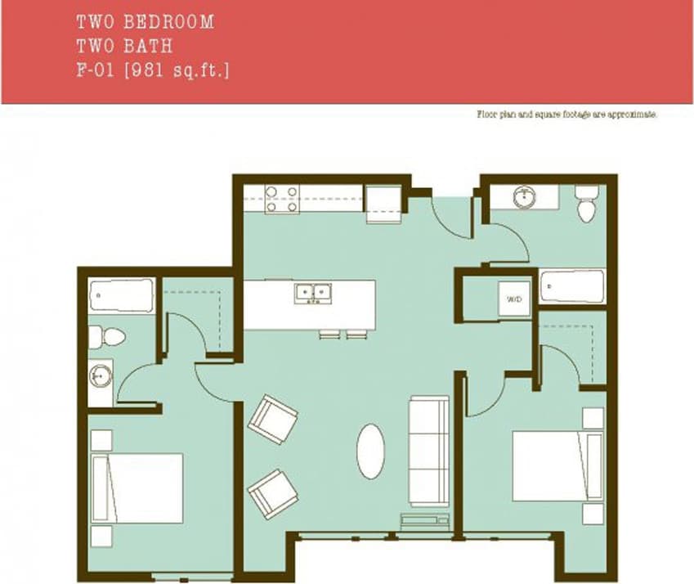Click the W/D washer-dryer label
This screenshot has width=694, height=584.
coord(514,300)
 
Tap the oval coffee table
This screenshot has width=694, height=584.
coord(370,451)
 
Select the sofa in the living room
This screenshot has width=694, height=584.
coord(429,451)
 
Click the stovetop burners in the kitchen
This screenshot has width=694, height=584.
coord(282,200)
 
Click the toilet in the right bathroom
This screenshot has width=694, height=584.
coord(587,204)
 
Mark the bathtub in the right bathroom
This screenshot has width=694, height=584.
coord(573,286)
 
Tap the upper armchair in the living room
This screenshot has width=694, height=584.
coord(273,418)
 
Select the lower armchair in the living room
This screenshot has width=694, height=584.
coord(273,492)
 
